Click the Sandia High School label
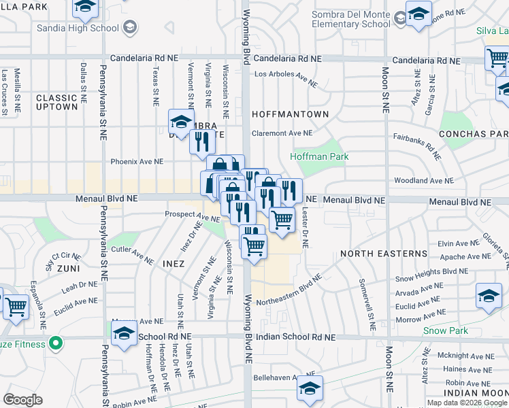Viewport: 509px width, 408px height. (x=78, y=27)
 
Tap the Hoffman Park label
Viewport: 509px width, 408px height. (x=319, y=156)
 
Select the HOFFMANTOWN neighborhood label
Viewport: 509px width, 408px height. (x=290, y=114)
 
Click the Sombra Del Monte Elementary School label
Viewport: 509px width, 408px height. (x=350, y=19)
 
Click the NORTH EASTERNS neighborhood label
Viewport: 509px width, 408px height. (x=384, y=254)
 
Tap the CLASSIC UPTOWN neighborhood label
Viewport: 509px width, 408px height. (x=57, y=102)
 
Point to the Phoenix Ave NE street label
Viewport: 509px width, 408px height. (x=137, y=162)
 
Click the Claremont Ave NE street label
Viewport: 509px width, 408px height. (x=282, y=133)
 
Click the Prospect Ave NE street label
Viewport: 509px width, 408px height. (x=193, y=216)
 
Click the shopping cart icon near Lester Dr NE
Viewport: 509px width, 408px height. (x=282, y=219)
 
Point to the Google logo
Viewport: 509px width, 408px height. (x=23, y=400)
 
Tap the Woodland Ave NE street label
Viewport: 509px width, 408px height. (x=423, y=181)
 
